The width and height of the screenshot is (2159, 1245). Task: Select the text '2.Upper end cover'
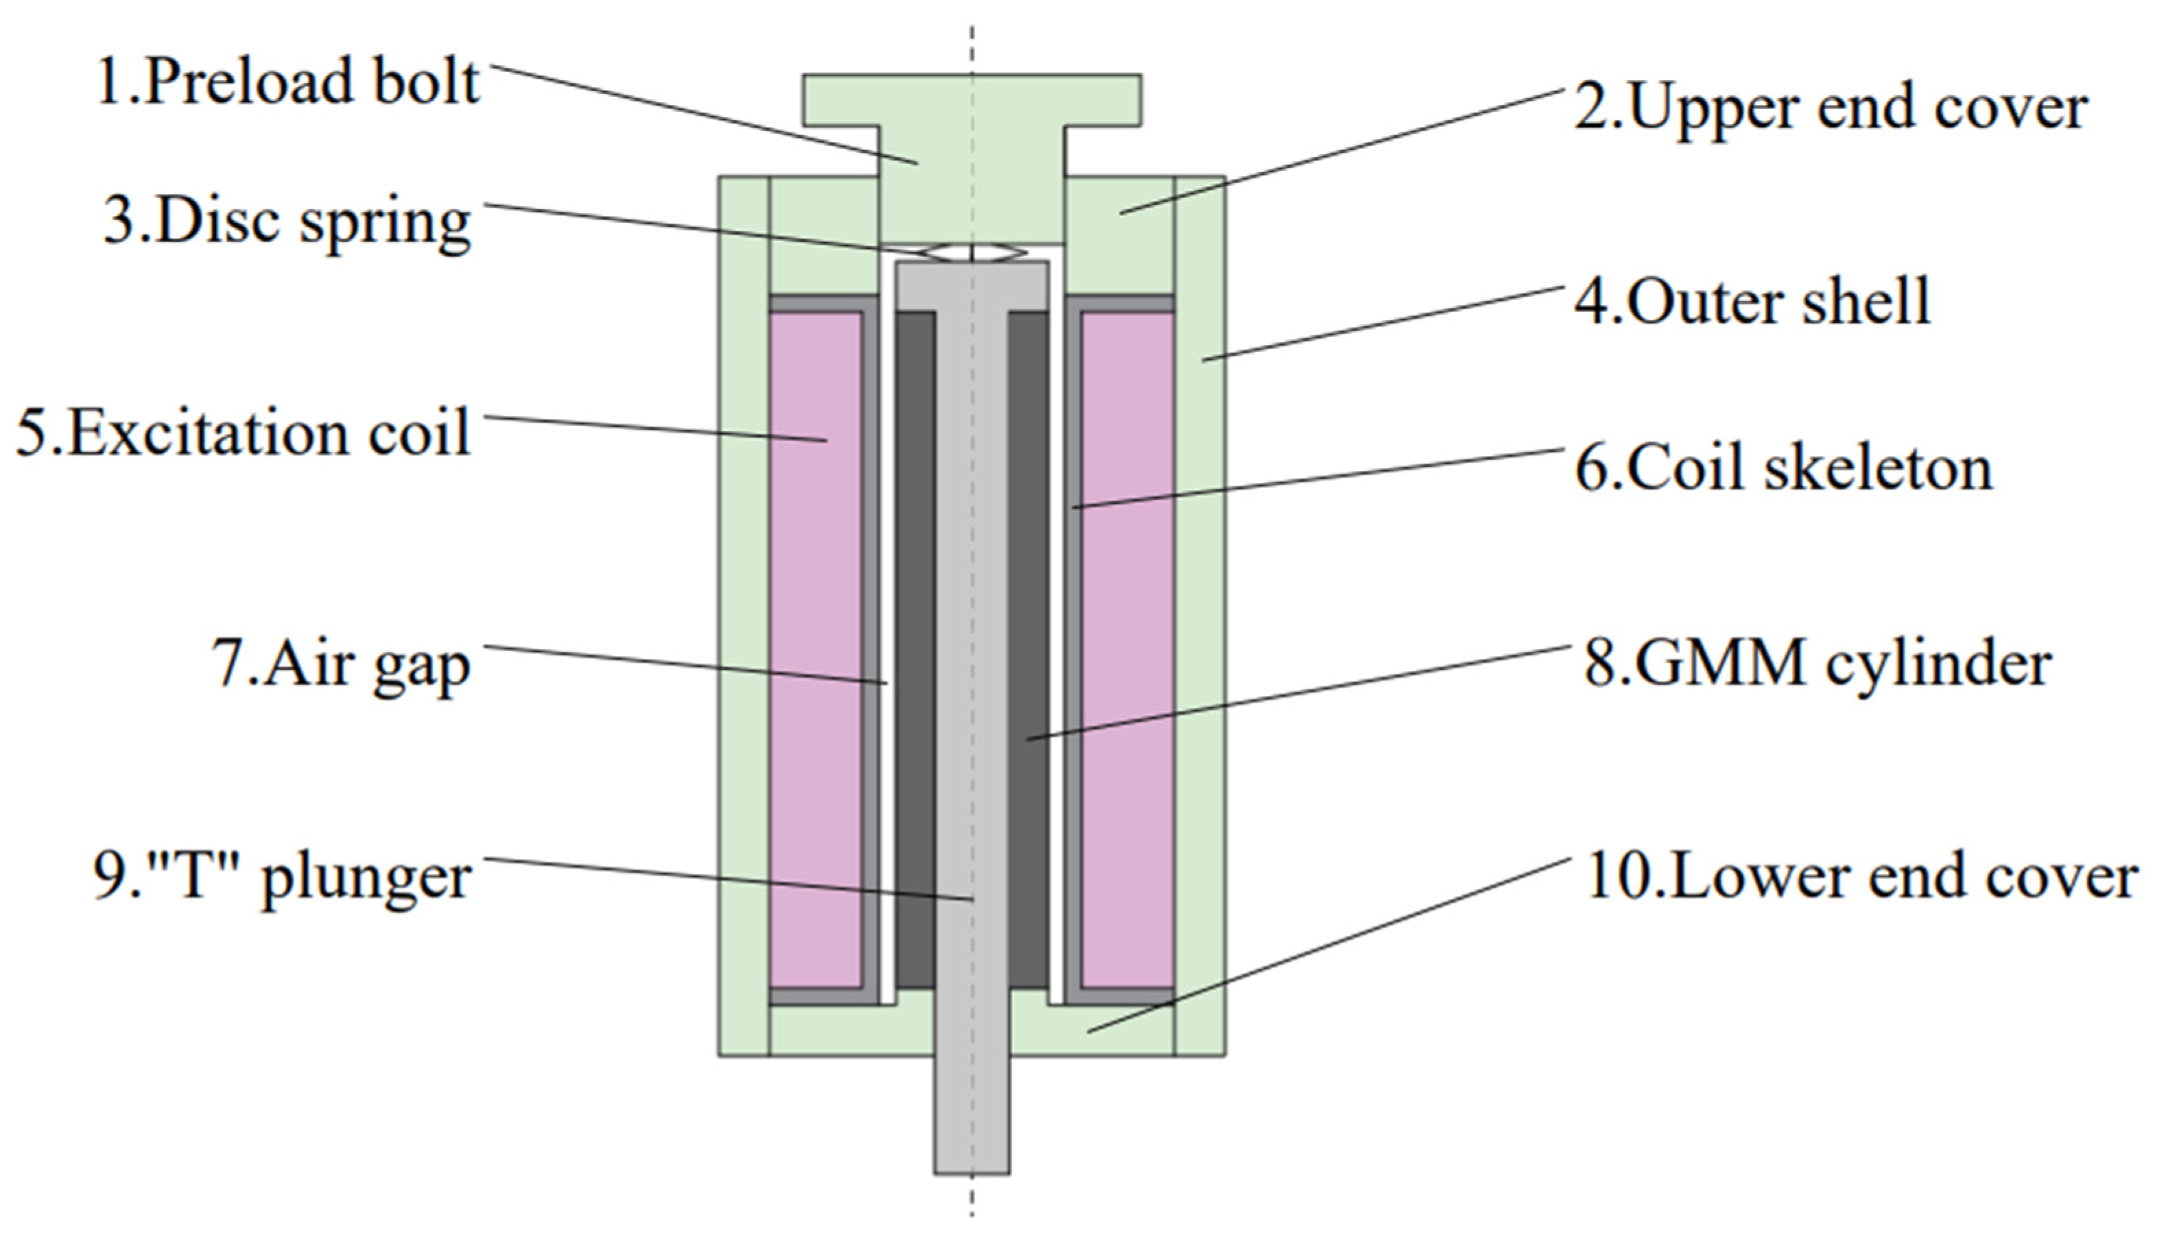pos(1830,110)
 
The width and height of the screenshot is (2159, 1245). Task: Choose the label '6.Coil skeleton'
pos(1783,468)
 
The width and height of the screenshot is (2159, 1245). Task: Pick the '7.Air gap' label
pos(340,665)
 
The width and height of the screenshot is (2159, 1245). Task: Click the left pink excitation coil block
pos(815,650)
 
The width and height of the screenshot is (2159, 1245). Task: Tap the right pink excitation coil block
pos(1128,650)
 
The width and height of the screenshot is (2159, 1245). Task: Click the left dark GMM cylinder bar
pos(916,650)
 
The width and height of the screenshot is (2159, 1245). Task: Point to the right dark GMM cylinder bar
pos(1028,650)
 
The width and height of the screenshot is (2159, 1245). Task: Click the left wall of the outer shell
pos(743,616)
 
